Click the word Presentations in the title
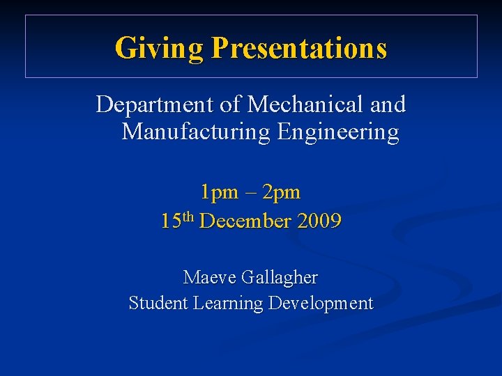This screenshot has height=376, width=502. pos(299,48)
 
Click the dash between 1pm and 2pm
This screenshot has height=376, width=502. pos(249,191)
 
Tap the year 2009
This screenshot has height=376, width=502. pos(319,222)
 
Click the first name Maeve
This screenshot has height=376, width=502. pos(210,278)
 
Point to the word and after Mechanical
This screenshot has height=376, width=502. pos(388,105)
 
